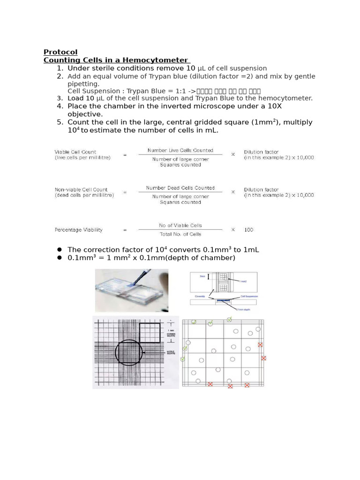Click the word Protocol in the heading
pos(60,52)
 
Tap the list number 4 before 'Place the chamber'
pos(60,106)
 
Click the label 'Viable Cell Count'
pos(75,152)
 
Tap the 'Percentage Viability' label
pos(78,230)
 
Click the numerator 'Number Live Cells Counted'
pos(180,150)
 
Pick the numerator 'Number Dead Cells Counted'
pos(180,188)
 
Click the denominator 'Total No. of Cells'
pos(180,234)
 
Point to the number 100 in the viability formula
pos(248,230)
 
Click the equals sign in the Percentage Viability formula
pos(125,230)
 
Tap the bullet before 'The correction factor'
pos(60,250)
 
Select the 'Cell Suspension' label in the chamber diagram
pos(249,296)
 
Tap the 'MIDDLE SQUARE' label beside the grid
pos(171,352)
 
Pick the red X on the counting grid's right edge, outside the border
pos(263,358)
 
